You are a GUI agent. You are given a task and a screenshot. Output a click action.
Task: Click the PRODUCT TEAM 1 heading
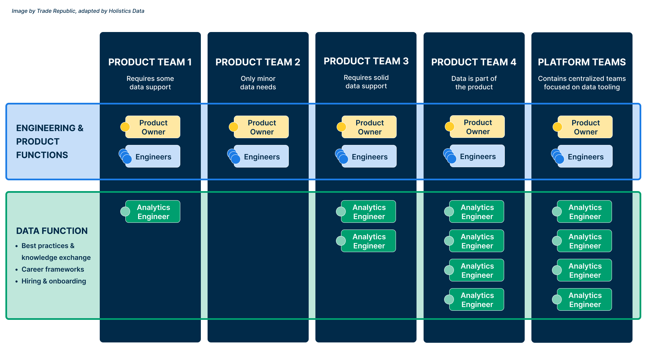150,62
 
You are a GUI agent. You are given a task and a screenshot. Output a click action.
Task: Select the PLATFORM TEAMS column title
582,62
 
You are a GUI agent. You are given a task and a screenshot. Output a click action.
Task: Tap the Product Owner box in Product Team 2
261,127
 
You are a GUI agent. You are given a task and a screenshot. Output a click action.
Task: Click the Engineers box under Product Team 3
369,157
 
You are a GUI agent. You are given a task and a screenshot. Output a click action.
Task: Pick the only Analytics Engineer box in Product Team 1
153,212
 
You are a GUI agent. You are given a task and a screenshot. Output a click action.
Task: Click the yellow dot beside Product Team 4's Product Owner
450,127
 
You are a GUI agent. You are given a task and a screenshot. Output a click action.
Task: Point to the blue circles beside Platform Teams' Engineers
557,156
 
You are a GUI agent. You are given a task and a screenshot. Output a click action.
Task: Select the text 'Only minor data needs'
258,83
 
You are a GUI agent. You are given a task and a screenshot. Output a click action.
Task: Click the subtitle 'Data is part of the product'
474,83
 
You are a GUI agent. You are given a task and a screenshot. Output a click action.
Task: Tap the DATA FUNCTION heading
52,231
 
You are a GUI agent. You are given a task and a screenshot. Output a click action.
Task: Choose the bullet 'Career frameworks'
53,269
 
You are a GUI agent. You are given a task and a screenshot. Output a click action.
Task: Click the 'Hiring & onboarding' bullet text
54,281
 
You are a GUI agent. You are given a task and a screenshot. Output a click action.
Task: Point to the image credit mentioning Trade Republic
78,11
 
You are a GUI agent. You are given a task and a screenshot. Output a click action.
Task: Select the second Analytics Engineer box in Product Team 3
369,241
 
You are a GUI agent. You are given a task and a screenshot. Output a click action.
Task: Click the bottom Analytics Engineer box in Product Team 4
477,300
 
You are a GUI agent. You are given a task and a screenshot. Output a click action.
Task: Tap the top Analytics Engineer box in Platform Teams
585,212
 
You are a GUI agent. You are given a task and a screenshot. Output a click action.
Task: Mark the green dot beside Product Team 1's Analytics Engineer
125,212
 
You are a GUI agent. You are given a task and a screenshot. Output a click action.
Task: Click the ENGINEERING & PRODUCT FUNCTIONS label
50,142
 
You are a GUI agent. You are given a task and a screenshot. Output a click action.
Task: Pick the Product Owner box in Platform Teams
585,127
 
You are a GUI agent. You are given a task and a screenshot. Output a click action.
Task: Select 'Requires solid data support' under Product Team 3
366,82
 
